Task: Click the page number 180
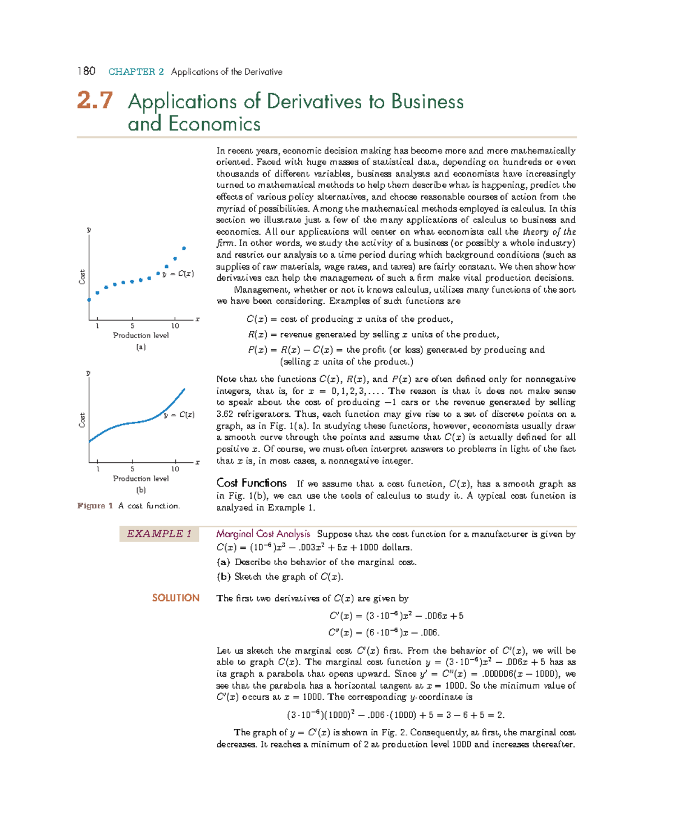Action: point(86,71)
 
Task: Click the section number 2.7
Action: point(95,101)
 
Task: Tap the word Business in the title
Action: point(427,102)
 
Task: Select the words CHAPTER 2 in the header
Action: point(136,72)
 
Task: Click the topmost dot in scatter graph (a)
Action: point(184,248)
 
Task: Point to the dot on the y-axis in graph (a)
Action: point(89,300)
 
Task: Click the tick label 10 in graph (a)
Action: point(175,326)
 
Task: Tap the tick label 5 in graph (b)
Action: point(133,469)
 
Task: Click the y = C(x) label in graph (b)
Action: point(179,415)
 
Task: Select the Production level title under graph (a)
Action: point(140,335)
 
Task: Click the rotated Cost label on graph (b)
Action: point(82,420)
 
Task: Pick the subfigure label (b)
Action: point(140,490)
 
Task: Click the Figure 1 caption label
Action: point(95,506)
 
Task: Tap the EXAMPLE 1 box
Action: point(159,534)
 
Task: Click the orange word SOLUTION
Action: point(175,598)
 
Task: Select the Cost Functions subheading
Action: point(251,484)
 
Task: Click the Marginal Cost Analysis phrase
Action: point(263,534)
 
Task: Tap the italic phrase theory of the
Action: point(549,232)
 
